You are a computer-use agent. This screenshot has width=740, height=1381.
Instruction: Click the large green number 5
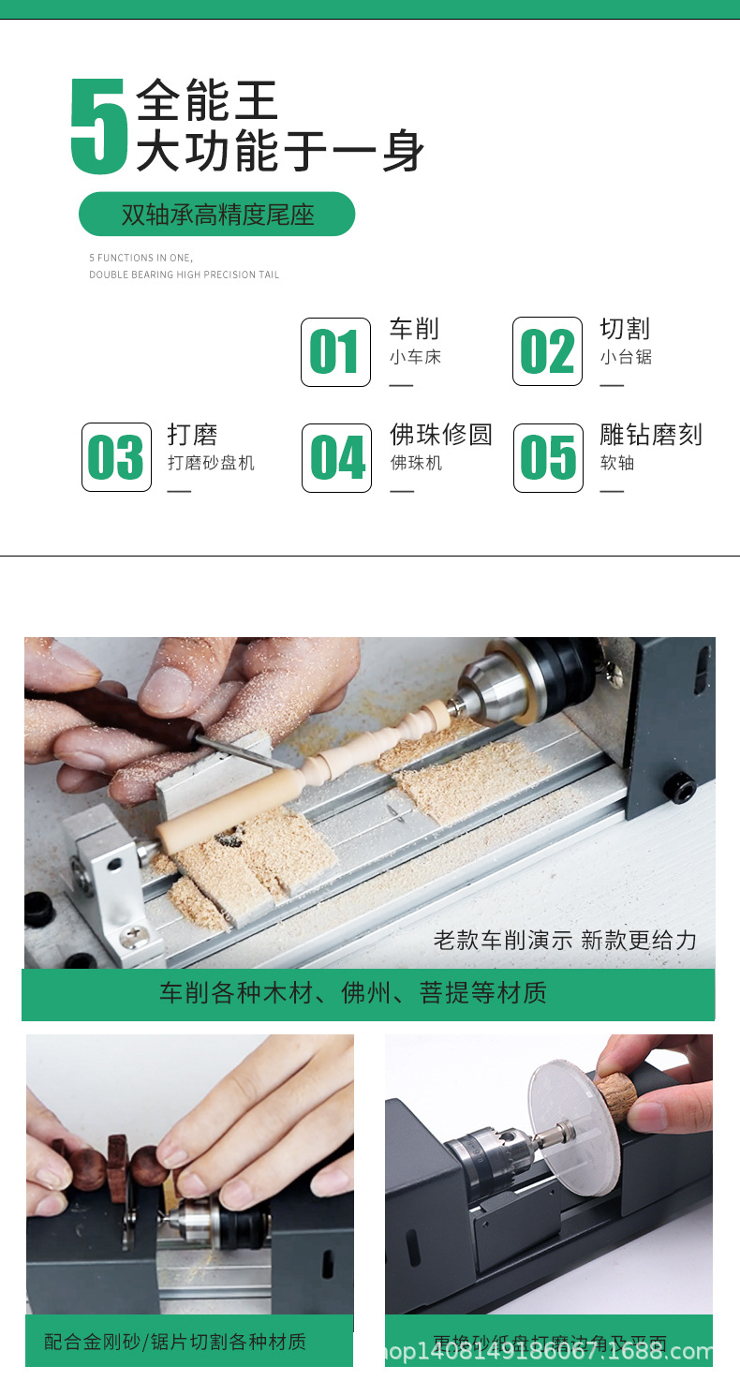click(98, 127)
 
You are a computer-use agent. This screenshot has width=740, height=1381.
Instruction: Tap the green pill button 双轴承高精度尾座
click(216, 215)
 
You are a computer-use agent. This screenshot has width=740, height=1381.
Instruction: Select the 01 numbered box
click(335, 352)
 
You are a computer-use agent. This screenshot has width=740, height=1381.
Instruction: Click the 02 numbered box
click(547, 352)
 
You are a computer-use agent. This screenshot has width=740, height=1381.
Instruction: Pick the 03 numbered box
click(116, 457)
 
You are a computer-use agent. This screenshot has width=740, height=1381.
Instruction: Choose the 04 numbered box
click(336, 457)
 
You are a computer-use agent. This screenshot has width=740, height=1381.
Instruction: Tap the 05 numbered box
click(548, 457)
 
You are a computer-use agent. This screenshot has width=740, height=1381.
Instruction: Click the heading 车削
click(414, 329)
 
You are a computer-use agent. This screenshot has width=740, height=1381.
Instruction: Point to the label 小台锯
click(626, 357)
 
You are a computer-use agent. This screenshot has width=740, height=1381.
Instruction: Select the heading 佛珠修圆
click(440, 435)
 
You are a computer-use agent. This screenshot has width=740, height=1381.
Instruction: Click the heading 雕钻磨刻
click(651, 435)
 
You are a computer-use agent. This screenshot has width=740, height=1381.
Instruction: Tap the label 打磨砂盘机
click(211, 463)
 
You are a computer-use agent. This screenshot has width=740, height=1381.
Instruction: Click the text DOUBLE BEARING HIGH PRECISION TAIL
click(184, 275)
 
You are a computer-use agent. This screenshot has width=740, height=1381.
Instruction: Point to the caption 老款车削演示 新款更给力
click(565, 940)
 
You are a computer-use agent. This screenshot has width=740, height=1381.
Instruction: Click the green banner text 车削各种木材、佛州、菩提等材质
click(353, 993)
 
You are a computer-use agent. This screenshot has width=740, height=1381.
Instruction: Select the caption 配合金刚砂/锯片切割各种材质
click(175, 1342)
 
